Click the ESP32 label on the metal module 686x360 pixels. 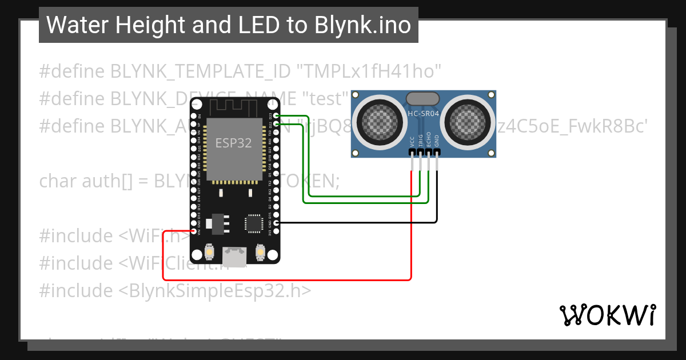pyautogui.click(x=233, y=143)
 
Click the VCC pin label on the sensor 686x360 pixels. pyautogui.click(x=412, y=142)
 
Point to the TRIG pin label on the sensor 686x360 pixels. pyautogui.click(x=421, y=142)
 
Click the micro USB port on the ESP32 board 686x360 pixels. pyautogui.click(x=234, y=253)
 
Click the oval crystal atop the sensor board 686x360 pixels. pyautogui.click(x=423, y=98)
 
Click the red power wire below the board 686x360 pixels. pyautogui.click(x=286, y=280)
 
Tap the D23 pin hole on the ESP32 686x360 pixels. pyautogui.click(x=277, y=115)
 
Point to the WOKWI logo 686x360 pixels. pyautogui.click(x=607, y=315)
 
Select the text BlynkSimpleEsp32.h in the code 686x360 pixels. pyautogui.click(x=215, y=290)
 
